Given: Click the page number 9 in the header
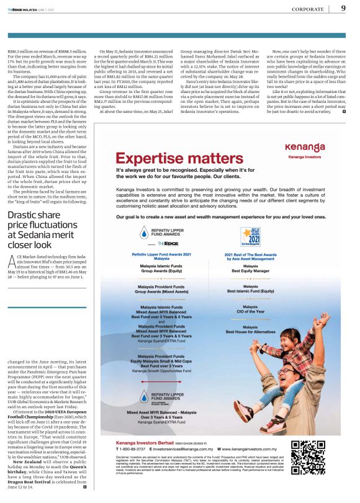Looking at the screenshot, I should (x=343, y=8).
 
